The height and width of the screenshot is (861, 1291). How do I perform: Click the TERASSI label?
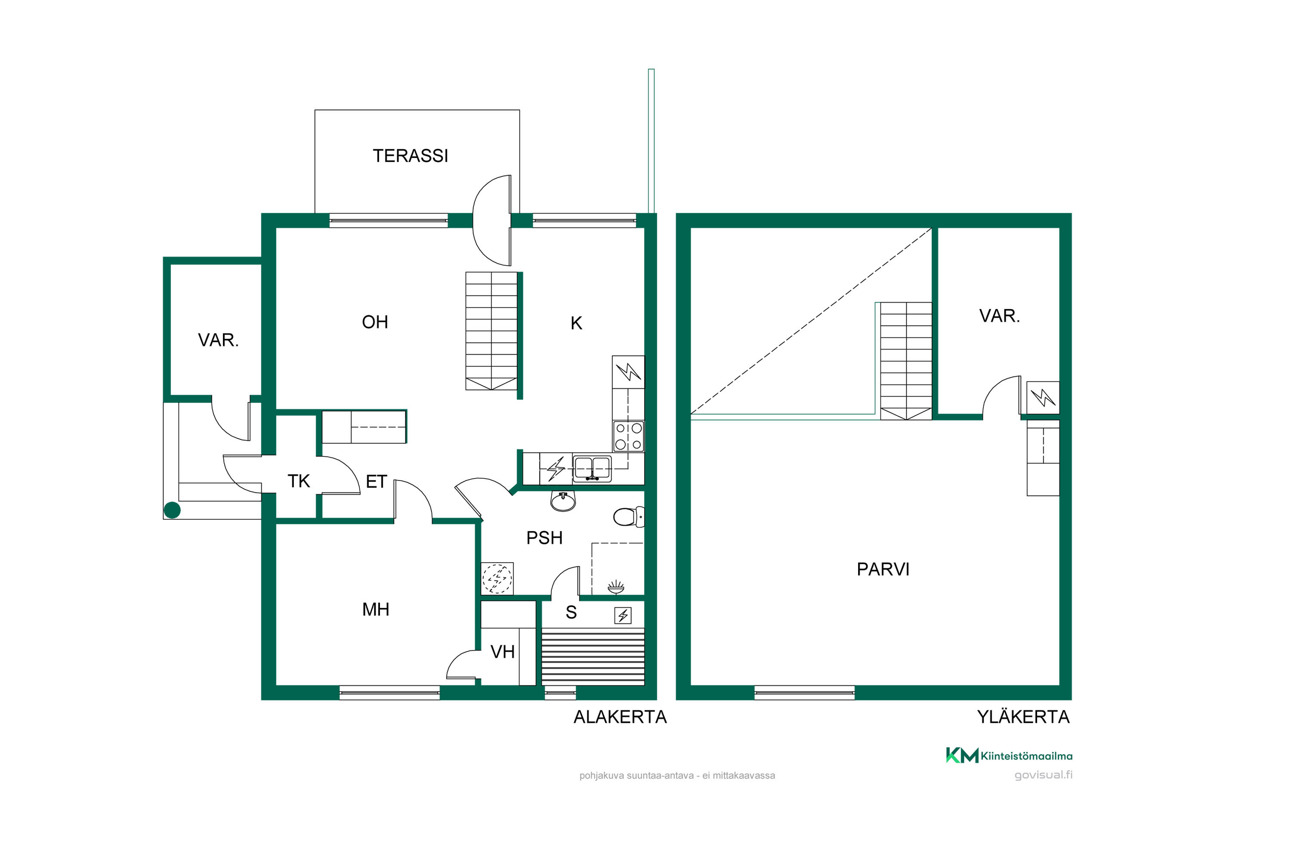click(411, 156)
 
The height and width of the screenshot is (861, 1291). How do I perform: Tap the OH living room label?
click(375, 322)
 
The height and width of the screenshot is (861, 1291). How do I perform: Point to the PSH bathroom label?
click(544, 538)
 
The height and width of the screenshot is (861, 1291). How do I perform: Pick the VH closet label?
click(502, 652)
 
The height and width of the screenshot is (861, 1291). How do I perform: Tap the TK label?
click(299, 481)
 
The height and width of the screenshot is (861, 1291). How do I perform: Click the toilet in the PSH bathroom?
click(628, 517)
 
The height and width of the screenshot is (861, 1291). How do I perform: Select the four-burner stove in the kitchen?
click(628, 437)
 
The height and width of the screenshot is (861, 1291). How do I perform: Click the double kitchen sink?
click(592, 468)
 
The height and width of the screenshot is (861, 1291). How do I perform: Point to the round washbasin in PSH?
click(563, 500)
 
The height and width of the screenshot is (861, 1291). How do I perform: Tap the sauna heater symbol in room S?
click(622, 616)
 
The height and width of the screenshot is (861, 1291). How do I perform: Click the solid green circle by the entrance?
click(173, 510)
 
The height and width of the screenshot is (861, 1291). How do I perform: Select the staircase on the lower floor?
click(491, 331)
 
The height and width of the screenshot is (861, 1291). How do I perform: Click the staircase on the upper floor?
click(906, 361)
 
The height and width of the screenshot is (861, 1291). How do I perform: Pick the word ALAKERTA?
click(620, 717)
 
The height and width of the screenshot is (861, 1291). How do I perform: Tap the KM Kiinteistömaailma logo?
click(1009, 756)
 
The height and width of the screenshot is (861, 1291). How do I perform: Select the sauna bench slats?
click(593, 658)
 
